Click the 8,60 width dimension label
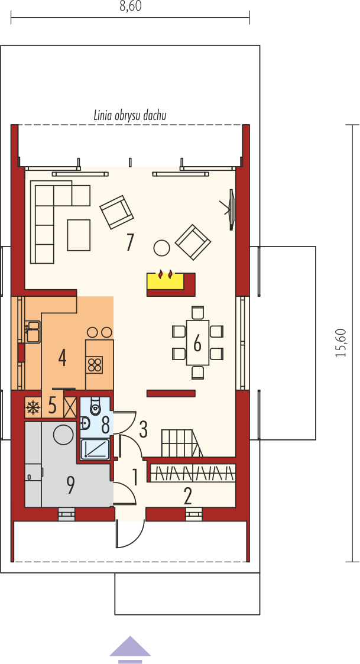click(130, 7)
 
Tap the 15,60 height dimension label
click(340, 343)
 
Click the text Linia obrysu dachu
click(129, 116)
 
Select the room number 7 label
click(130, 242)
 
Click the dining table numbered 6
click(198, 343)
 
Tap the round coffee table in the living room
click(161, 248)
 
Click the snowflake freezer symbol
click(33, 407)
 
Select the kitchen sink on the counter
click(33, 331)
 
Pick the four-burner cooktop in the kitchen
click(95, 365)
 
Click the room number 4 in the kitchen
click(62, 358)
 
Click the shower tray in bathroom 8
click(95, 448)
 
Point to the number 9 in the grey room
click(70, 485)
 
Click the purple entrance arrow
click(130, 649)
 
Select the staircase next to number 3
click(181, 443)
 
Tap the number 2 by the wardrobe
click(188, 496)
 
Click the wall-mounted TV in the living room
click(231, 209)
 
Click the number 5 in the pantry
click(52, 406)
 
